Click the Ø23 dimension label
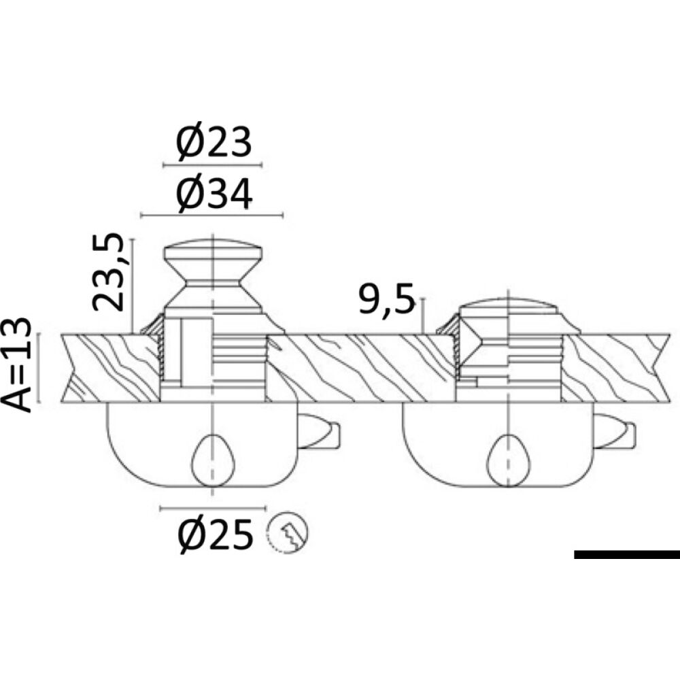(x=214, y=142)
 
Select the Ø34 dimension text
(x=214, y=194)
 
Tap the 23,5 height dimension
(x=108, y=272)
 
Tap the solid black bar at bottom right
(x=627, y=554)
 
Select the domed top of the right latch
(x=508, y=306)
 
